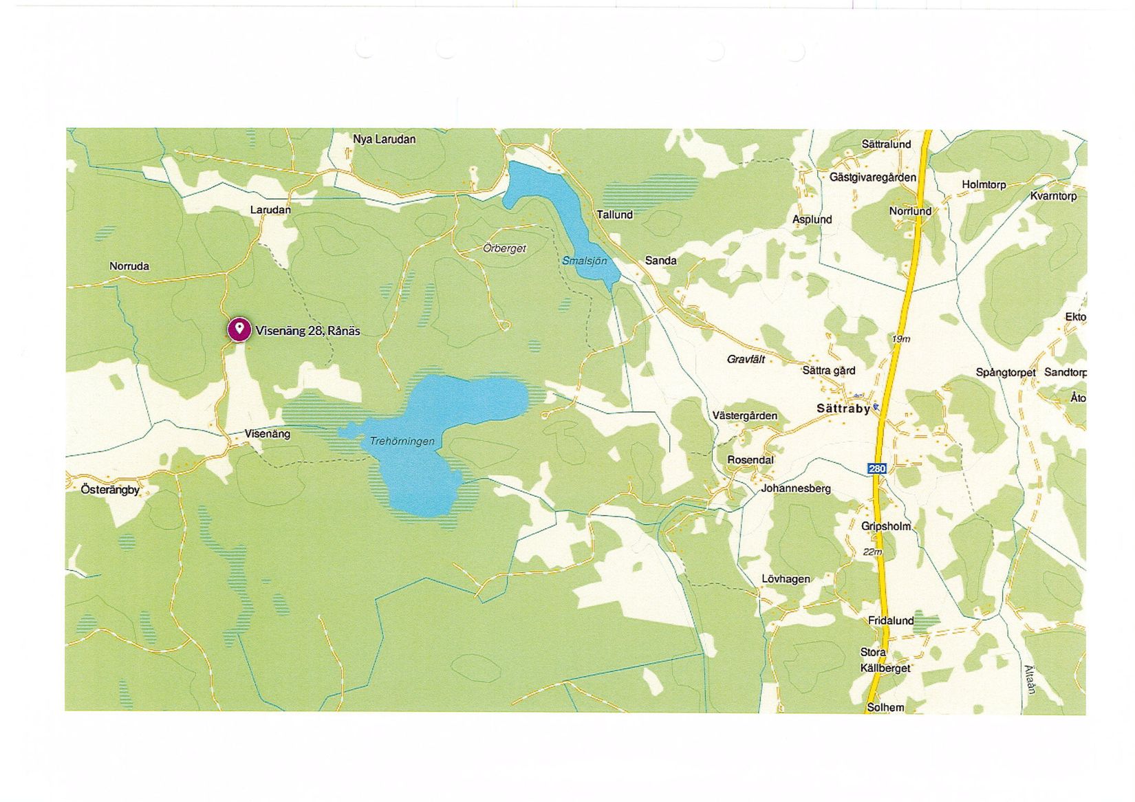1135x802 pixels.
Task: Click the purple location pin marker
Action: [239, 329]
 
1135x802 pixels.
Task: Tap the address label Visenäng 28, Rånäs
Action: [307, 331]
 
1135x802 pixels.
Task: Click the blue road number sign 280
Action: [877, 468]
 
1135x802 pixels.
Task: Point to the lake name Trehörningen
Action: [402, 441]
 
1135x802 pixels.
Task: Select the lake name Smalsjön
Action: [584, 261]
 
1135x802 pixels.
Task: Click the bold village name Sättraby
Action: [843, 409]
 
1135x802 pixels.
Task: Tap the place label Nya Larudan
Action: [384, 139]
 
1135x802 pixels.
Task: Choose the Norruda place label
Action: [129, 266]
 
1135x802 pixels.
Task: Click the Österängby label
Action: [110, 490]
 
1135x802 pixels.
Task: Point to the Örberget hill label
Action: [504, 248]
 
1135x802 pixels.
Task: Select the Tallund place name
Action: [614, 215]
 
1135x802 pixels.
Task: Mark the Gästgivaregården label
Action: [872, 177]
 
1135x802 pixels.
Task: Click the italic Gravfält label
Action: [746, 359]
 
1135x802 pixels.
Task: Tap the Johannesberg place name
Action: [796, 488]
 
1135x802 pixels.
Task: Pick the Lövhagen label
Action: [786, 579]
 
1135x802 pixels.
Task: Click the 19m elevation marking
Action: [900, 339]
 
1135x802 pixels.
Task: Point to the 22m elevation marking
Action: [872, 552]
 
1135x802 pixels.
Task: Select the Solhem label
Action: [885, 707]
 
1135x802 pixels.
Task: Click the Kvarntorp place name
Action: [1053, 196]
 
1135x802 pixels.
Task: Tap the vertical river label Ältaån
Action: [1029, 679]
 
